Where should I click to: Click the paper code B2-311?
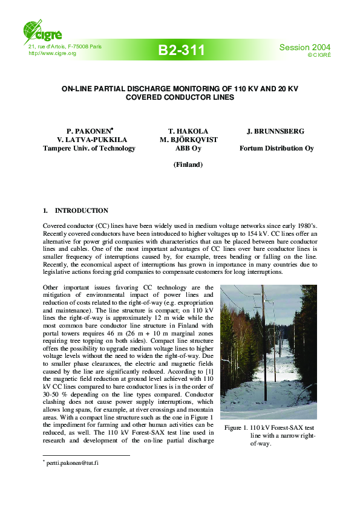(182, 50)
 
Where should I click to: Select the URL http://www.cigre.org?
(53, 53)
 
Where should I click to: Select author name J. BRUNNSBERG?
(275, 131)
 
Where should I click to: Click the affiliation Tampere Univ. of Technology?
(89, 148)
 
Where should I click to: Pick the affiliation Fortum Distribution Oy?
(277, 148)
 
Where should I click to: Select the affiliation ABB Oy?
(188, 148)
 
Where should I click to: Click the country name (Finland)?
(188, 164)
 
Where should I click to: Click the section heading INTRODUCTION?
(82, 210)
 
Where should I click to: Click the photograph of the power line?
(268, 352)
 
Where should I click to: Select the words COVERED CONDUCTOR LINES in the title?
(180, 97)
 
